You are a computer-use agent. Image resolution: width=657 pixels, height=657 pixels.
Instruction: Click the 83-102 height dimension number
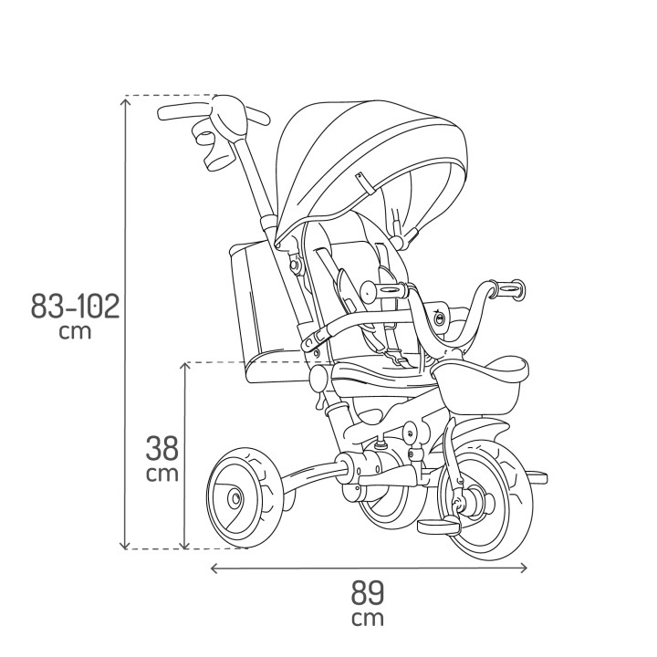pos(75,306)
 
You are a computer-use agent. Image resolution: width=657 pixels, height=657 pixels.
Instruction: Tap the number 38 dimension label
pos(162,449)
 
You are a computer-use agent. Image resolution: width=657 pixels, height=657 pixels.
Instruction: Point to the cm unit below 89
pos(369,619)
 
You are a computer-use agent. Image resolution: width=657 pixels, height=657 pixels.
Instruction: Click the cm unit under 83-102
pos(75,331)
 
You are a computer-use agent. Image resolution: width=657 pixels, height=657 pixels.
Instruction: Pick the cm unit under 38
pos(162,474)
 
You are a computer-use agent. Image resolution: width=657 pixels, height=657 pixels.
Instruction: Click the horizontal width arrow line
pos(369,568)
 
